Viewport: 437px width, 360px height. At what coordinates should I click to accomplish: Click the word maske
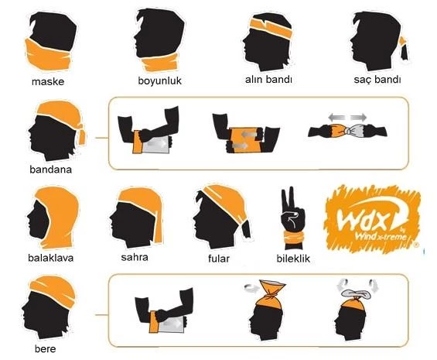(48, 82)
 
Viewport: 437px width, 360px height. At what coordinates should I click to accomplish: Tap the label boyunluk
(159, 81)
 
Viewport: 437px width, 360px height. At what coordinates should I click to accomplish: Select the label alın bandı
(268, 80)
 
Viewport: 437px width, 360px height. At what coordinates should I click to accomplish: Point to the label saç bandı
(377, 80)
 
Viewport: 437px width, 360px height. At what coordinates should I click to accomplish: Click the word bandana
(51, 170)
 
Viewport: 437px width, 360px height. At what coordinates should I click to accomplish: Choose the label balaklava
(51, 258)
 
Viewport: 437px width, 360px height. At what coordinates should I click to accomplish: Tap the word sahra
(135, 257)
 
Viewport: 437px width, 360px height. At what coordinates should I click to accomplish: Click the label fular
(219, 259)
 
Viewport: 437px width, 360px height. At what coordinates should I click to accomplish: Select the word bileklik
(293, 259)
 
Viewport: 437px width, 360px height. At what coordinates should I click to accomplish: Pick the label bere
(45, 349)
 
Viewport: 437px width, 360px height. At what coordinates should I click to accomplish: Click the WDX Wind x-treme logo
(373, 219)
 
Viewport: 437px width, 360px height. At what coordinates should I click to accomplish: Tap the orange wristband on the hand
(293, 238)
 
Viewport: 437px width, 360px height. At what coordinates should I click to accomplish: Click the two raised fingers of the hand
(288, 199)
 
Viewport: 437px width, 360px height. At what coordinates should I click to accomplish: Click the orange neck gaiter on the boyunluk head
(160, 63)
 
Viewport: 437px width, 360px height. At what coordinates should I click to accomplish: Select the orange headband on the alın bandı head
(271, 28)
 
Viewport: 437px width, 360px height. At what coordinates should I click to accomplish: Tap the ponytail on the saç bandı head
(404, 49)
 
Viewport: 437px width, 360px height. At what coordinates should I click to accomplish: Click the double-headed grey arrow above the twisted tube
(347, 117)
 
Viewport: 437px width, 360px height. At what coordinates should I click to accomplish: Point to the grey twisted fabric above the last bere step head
(356, 294)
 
